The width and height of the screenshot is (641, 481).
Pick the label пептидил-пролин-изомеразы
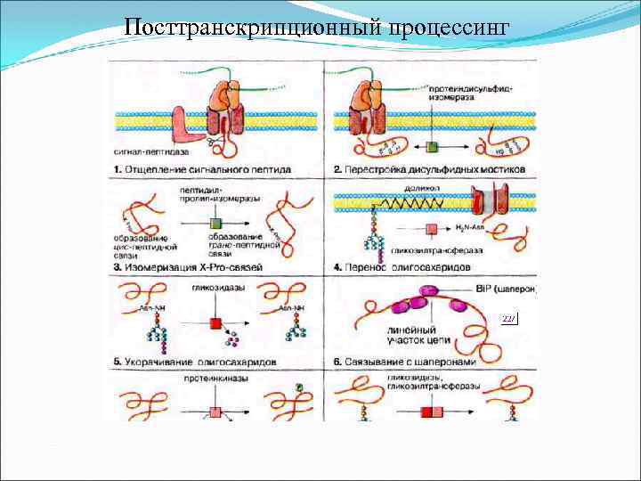219,195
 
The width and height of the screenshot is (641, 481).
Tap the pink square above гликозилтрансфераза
431,229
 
